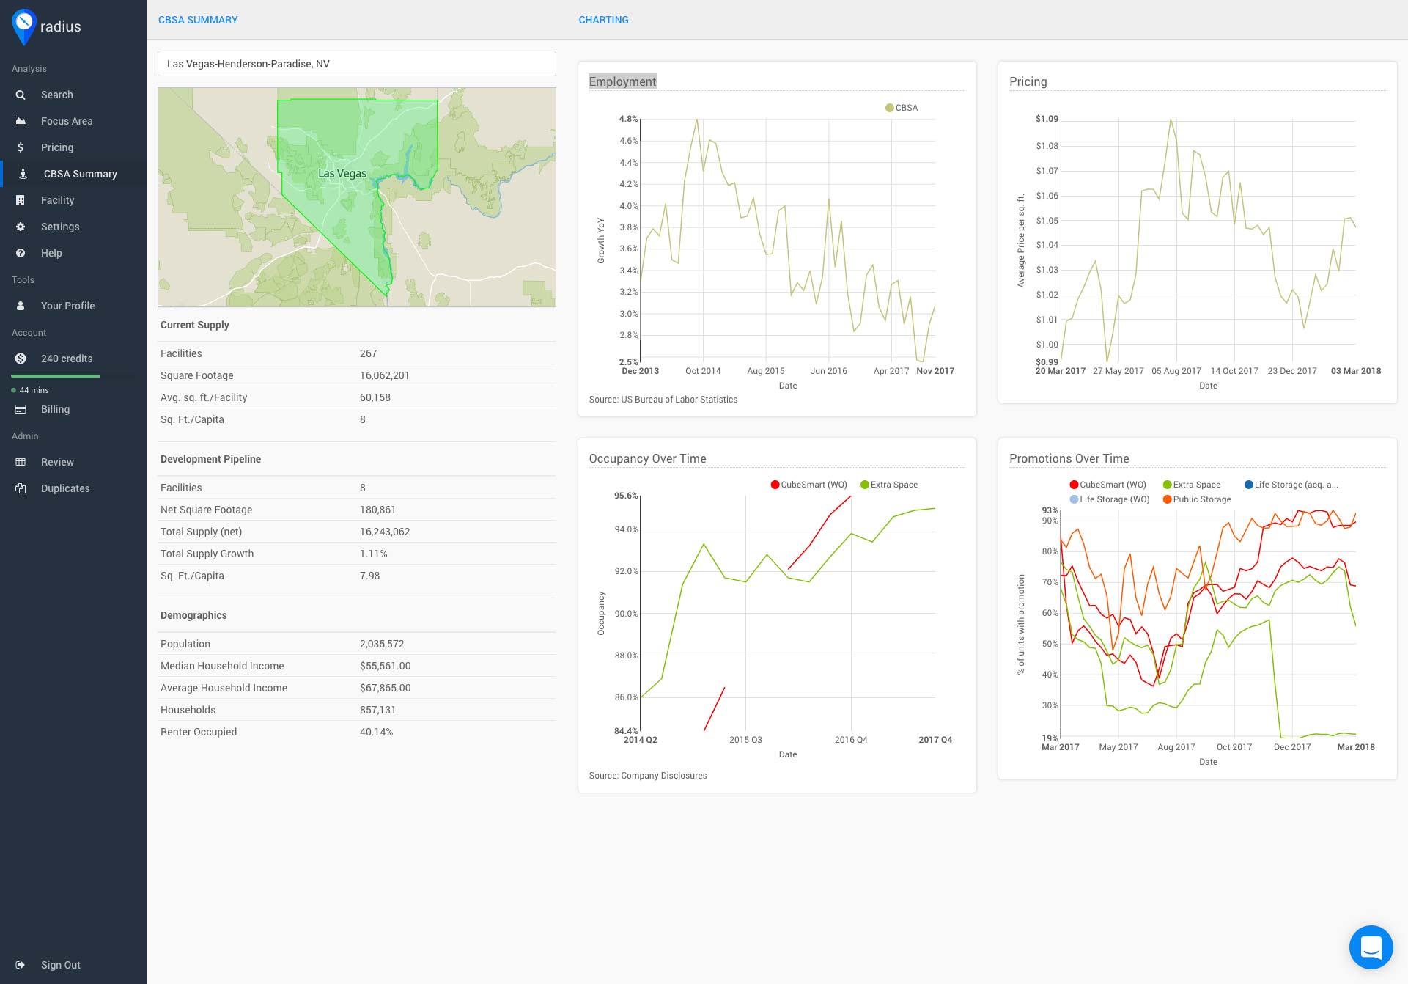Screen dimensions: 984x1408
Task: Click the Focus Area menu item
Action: pos(66,121)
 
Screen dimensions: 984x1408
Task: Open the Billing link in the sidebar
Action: pos(55,409)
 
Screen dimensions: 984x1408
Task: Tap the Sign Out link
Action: pos(60,965)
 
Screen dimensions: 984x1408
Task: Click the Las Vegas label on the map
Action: pos(342,174)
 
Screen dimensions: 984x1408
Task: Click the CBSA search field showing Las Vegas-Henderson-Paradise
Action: pos(356,64)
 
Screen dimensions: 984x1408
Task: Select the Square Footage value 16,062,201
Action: pos(384,375)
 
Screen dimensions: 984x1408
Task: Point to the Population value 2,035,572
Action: pos(382,644)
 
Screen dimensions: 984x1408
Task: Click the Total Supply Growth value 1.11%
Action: pos(373,554)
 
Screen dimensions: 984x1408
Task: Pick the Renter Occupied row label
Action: pos(199,732)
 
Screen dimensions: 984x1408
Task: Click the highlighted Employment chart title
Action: pos(622,81)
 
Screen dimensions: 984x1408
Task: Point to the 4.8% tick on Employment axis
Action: pos(628,119)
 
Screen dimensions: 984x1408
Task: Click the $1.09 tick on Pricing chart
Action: pos(1046,119)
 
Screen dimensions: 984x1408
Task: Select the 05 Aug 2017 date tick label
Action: pos(1176,371)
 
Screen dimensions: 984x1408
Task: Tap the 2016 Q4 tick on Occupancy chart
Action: pos(850,740)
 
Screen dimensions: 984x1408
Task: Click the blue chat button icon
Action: pos(1370,947)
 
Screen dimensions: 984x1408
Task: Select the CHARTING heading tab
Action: pos(603,20)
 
